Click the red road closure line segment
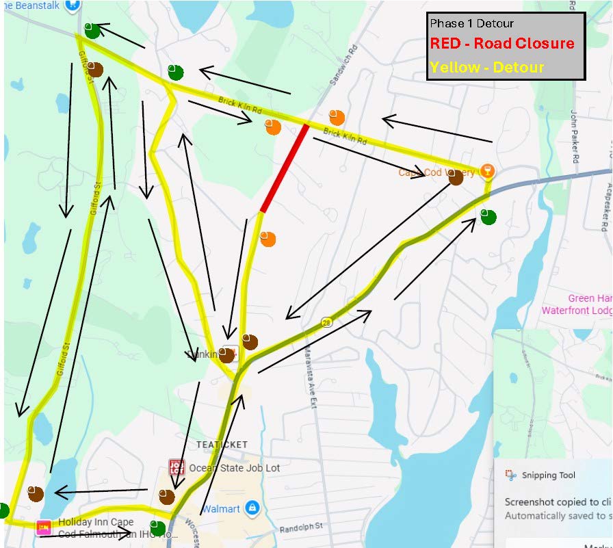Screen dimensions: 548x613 [284, 167]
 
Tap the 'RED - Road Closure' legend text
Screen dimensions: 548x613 [501, 44]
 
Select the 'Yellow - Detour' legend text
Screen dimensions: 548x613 [487, 67]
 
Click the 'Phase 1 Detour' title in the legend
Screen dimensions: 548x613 [471, 24]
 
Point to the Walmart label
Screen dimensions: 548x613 [221, 509]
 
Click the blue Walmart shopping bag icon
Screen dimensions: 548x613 [252, 508]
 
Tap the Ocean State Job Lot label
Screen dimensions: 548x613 [235, 469]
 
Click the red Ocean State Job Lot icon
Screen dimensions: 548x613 [177, 468]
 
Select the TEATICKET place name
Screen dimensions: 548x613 [222, 445]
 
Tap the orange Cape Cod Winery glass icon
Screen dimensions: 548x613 [486, 170]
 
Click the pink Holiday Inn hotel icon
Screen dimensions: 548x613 [44, 527]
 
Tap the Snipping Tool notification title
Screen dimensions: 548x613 [548, 475]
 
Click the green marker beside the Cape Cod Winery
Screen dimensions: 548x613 [488, 217]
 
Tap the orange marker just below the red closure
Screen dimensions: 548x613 [268, 239]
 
